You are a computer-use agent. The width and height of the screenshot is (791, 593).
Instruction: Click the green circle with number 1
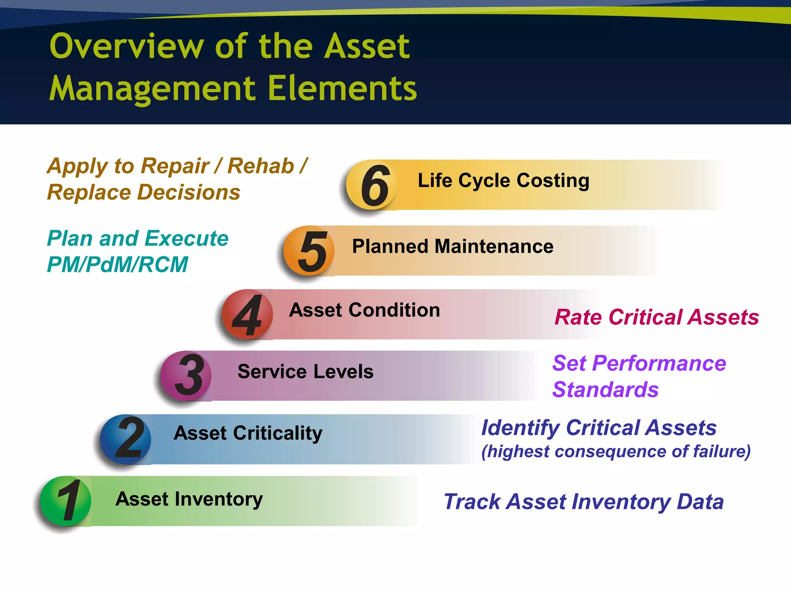(66, 501)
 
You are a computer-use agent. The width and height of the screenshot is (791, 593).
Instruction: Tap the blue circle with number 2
(126, 439)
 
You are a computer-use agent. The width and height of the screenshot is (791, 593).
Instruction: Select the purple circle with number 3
(186, 376)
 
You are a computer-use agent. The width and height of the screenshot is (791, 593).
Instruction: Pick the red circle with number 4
(248, 314)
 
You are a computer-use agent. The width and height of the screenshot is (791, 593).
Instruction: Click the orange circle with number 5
(309, 251)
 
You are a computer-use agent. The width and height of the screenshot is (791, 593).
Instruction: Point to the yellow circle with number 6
(372, 185)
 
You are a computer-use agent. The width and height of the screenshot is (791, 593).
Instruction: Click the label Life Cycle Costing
(503, 181)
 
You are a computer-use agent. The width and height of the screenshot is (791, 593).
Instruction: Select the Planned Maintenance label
(452, 246)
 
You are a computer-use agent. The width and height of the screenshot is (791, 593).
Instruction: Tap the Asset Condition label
(364, 310)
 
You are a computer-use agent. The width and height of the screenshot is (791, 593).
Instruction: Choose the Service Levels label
(305, 371)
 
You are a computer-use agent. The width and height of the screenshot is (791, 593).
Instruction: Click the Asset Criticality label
(248, 433)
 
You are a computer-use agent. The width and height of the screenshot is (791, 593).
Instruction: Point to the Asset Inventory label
(189, 499)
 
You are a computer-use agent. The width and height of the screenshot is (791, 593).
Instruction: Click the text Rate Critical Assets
(656, 317)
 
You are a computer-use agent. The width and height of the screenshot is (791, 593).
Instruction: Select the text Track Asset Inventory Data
(583, 502)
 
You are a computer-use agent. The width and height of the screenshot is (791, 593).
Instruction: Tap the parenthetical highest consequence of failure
(616, 451)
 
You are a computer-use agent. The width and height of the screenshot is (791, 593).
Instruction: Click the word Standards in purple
(605, 390)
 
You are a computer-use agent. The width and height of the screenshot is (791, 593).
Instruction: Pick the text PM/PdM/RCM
(117, 265)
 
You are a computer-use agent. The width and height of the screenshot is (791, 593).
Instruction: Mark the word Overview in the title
(126, 46)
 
